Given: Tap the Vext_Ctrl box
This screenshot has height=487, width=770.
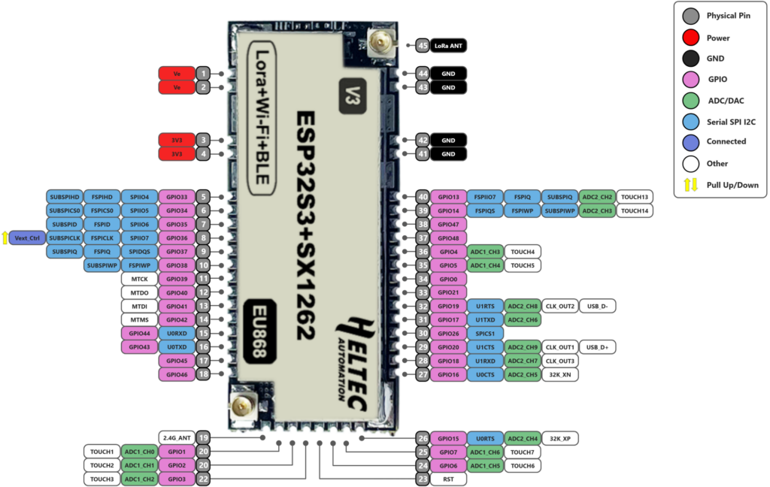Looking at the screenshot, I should coord(27,237).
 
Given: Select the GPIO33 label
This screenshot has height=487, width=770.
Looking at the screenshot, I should coord(177,197).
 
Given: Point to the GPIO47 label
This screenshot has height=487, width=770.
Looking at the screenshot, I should coord(448,224).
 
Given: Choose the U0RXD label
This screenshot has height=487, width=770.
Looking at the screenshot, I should coord(177,333).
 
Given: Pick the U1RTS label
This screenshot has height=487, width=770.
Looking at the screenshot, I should coord(485,306).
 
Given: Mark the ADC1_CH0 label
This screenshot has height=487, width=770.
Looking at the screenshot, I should coord(139,452).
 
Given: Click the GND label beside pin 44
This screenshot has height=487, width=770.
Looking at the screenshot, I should coord(448,74).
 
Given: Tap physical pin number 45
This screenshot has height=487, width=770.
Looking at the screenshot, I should coord(423,46).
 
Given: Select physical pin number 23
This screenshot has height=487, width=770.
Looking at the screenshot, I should coord(423,478).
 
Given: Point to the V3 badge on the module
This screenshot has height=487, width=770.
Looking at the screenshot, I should coord(352,95).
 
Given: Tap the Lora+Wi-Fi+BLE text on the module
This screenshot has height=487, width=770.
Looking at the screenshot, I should coord(262,119).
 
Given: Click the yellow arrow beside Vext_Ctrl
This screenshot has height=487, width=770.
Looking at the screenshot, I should coord(5,237).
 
